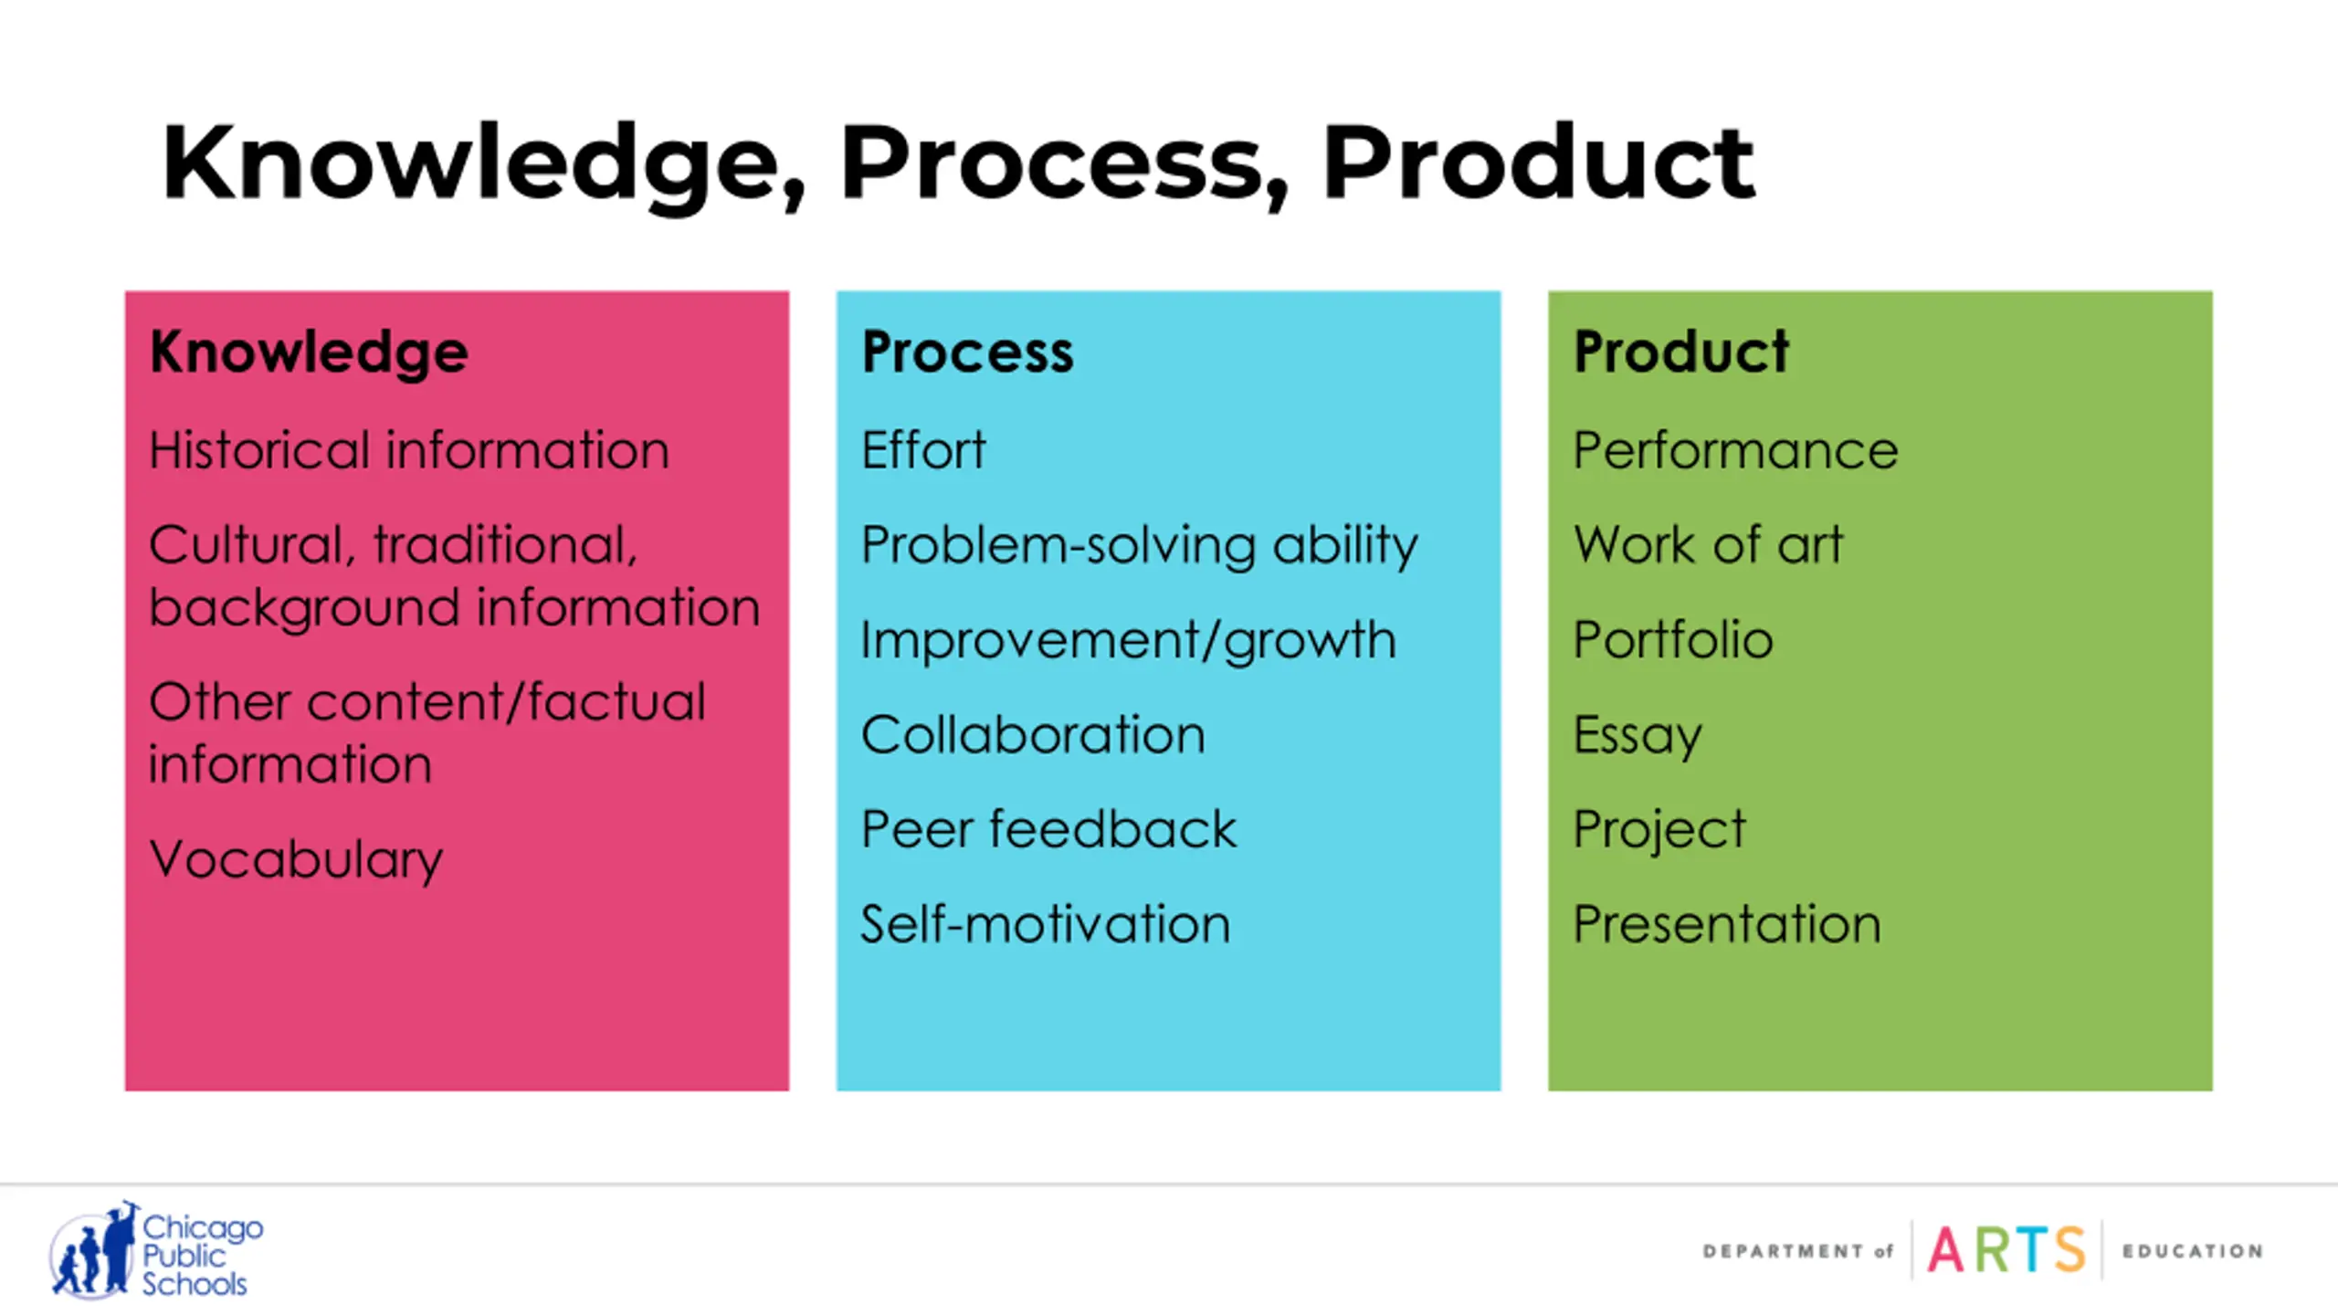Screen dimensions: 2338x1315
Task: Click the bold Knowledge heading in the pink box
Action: (309, 352)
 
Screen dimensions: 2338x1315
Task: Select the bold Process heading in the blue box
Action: (967, 352)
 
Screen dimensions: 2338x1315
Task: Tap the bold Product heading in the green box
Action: (1680, 352)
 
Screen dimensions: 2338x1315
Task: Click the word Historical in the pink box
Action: (258, 450)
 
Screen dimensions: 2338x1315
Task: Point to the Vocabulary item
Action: (296, 859)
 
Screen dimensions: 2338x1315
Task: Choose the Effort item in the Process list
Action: (923, 450)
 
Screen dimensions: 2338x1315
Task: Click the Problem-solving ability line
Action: (1139, 545)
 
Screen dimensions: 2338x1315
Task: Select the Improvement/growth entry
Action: (1128, 640)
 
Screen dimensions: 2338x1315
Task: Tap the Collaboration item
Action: (1033, 735)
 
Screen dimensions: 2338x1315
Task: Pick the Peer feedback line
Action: (1048, 829)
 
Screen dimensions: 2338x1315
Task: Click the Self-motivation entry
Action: (1046, 924)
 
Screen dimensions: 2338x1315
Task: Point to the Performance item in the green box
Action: (1735, 450)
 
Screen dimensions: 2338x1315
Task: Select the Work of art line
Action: (1708, 545)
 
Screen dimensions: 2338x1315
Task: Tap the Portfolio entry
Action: (1673, 640)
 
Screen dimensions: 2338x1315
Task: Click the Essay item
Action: (1638, 735)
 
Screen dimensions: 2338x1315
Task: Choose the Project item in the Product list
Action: (1659, 829)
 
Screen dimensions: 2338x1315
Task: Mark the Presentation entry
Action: (1727, 924)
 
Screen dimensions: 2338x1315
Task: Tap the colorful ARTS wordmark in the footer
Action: (2006, 1250)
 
